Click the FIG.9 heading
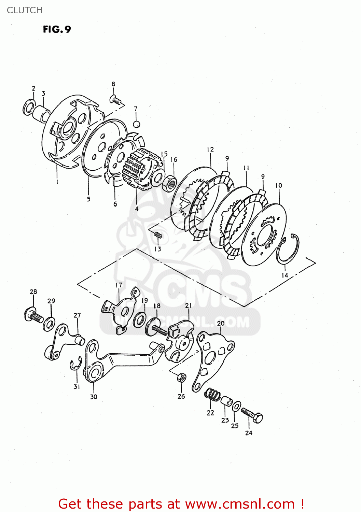pyautogui.click(x=57, y=29)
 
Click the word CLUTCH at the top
pyautogui.click(x=25, y=10)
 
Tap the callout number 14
pyautogui.click(x=285, y=275)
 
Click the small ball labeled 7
pyautogui.click(x=136, y=124)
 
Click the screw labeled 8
pyautogui.click(x=115, y=99)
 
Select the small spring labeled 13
pyautogui.click(x=157, y=235)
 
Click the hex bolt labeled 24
pyautogui.click(x=252, y=415)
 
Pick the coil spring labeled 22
pyautogui.click(x=212, y=395)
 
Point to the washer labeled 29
pyautogui.click(x=50, y=324)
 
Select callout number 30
pyautogui.click(x=94, y=397)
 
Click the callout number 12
pyautogui.click(x=210, y=150)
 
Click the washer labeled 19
pyautogui.click(x=139, y=319)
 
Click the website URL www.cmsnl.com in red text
pyautogui.click(x=240, y=504)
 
